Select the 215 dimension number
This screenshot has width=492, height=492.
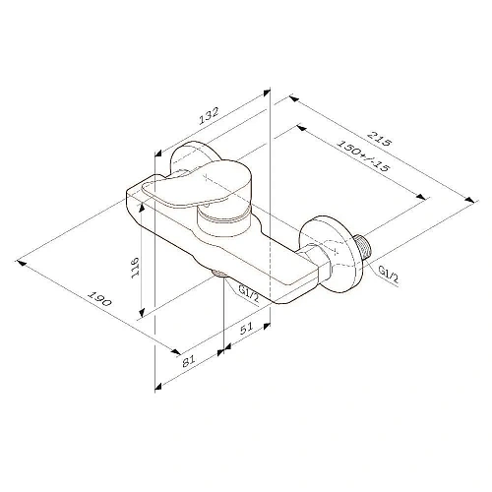[x=379, y=140]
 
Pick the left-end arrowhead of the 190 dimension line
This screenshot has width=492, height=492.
[x=20, y=237]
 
